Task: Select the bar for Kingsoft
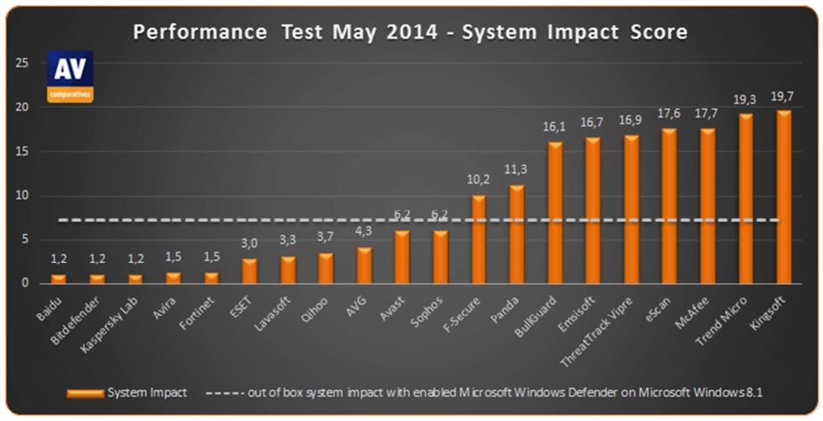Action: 784,196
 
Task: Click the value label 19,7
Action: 784,95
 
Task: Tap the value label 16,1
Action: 554,128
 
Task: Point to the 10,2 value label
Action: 478,180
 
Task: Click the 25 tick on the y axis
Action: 21,63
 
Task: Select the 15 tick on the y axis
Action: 21,152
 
